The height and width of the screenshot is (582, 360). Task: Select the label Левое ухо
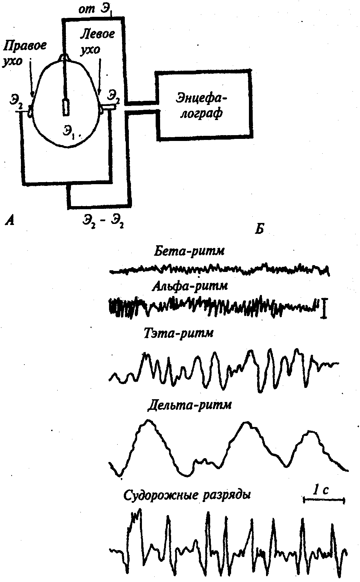tap(97, 41)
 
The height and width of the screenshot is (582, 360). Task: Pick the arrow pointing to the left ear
tap(100, 76)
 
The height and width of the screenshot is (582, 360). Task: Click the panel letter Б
tap(259, 228)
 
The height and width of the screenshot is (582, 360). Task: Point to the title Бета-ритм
tap(189, 251)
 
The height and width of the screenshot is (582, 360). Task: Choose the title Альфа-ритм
tap(190, 287)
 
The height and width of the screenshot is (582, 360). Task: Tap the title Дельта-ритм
tap(190, 406)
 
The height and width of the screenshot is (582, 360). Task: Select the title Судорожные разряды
tap(187, 496)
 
